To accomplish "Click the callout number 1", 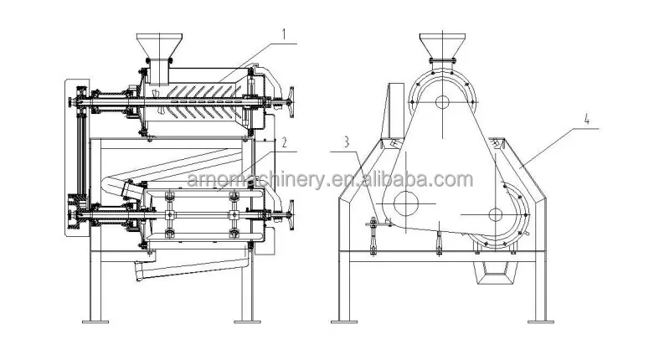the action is pyautogui.click(x=284, y=34).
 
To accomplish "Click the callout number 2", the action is pyautogui.click(x=284, y=143).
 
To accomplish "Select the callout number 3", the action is pyautogui.click(x=347, y=142).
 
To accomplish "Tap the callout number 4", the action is pyautogui.click(x=587, y=120).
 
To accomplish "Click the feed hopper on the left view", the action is pyautogui.click(x=159, y=45).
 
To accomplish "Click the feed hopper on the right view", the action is pyautogui.click(x=442, y=45).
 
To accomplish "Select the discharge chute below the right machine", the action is pyautogui.click(x=496, y=275).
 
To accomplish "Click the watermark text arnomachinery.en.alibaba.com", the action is pyautogui.click(x=330, y=180).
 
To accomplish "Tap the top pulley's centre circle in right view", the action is pyautogui.click(x=442, y=101).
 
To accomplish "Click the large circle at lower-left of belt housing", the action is pyautogui.click(x=406, y=203).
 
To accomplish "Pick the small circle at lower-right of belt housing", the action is pyautogui.click(x=496, y=214).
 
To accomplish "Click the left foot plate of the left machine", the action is pyautogui.click(x=95, y=321).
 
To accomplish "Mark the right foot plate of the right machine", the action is pyautogui.click(x=540, y=321).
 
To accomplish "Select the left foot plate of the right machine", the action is pyautogui.click(x=344, y=321).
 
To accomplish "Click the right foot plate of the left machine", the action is pyautogui.click(x=247, y=321).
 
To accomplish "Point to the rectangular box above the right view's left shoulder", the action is pyautogui.click(x=394, y=110).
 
